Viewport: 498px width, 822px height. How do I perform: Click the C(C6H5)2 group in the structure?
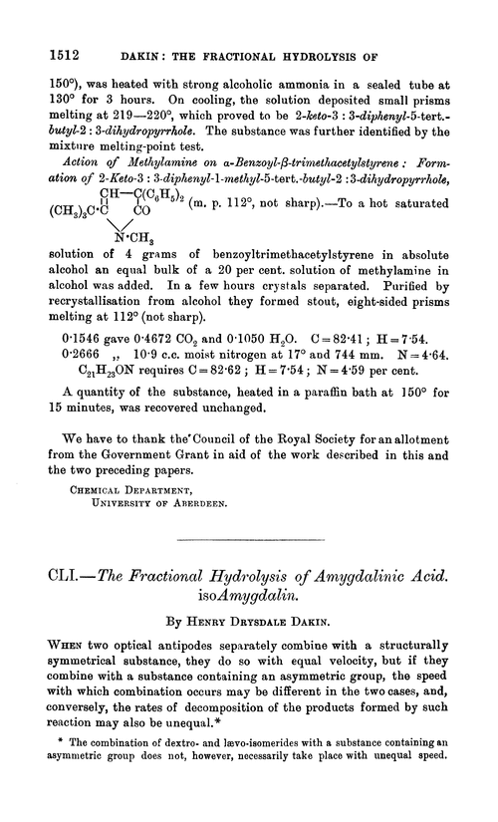[150, 222]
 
